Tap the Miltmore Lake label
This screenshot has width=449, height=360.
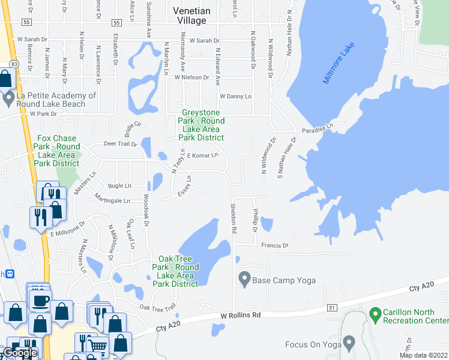pyautogui.click(x=339, y=63)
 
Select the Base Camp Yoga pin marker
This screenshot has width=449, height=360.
pyautogui.click(x=244, y=279)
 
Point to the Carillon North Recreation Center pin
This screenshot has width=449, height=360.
pyautogui.click(x=375, y=314)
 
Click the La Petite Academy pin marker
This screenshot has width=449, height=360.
pyautogui.click(x=8, y=98)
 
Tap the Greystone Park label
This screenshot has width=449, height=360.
pyautogui.click(x=201, y=125)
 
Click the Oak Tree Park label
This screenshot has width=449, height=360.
pyautogui.click(x=175, y=271)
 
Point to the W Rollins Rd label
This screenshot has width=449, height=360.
pyautogui.click(x=241, y=315)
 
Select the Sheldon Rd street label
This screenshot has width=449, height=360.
pyautogui.click(x=233, y=218)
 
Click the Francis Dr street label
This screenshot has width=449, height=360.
pyautogui.click(x=275, y=245)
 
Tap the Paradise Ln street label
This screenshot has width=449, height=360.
pyautogui.click(x=317, y=128)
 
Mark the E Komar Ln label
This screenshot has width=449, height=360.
pyautogui.click(x=202, y=155)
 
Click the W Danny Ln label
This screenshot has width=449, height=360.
pyautogui.click(x=235, y=96)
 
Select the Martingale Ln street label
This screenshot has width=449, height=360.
pyautogui.click(x=112, y=200)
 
